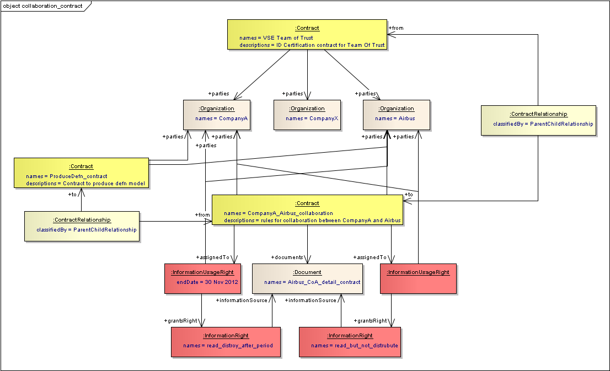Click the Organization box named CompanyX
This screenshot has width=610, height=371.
(x=307, y=115)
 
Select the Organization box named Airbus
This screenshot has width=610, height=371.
(x=396, y=115)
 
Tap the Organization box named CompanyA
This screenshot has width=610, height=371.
(x=216, y=115)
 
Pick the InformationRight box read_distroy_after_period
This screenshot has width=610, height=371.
(x=226, y=342)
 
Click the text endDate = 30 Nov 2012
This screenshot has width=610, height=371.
(x=207, y=282)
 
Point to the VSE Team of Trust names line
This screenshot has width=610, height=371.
(x=276, y=38)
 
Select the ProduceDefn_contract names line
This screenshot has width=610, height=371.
(x=67, y=176)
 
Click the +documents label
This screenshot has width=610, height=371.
(x=287, y=257)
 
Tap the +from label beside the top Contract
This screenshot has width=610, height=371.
(x=396, y=28)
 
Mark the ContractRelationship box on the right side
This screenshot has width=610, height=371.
(x=538, y=120)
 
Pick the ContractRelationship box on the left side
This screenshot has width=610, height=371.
(x=82, y=226)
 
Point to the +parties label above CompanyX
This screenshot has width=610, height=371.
(x=292, y=94)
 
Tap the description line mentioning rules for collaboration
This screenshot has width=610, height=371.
(x=312, y=221)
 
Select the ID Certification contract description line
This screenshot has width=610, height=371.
(x=312, y=45)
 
